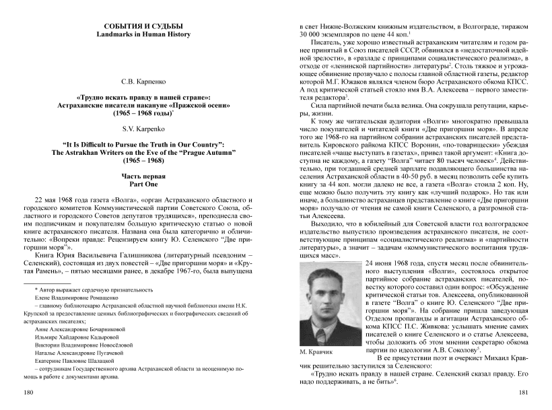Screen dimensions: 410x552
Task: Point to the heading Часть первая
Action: point(139,176)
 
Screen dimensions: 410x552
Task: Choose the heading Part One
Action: point(139,183)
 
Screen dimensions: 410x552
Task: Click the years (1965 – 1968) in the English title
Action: point(139,160)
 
